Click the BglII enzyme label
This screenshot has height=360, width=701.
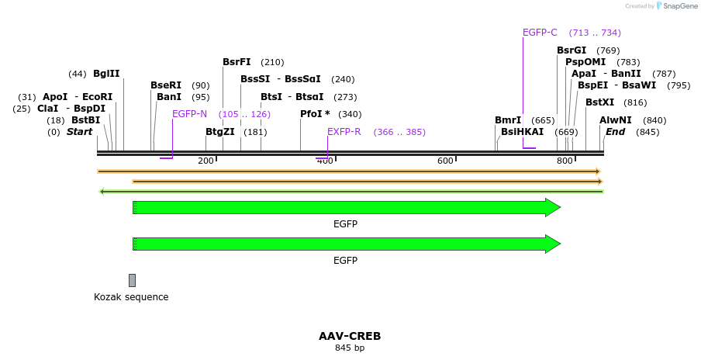(x=106, y=74)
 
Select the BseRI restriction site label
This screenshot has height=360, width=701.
(x=165, y=85)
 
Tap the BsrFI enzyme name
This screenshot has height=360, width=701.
(x=237, y=62)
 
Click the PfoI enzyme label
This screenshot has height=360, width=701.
(x=315, y=114)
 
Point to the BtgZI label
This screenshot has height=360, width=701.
(x=219, y=132)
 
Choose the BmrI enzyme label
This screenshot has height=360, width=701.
(x=508, y=120)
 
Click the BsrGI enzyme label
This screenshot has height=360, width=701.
(x=572, y=50)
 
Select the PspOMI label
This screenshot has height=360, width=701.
(x=585, y=62)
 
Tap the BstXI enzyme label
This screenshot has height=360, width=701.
(x=599, y=102)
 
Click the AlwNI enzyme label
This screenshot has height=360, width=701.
(x=615, y=120)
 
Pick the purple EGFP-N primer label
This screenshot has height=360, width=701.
(x=189, y=114)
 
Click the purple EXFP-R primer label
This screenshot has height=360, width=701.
(x=344, y=132)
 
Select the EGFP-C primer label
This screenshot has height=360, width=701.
(x=540, y=33)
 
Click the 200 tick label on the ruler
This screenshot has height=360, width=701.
(x=205, y=161)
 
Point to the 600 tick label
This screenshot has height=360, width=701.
(x=445, y=161)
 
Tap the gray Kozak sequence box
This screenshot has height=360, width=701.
(x=132, y=280)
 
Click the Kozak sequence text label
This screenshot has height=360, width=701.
(x=131, y=297)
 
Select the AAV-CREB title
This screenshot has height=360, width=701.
(x=350, y=336)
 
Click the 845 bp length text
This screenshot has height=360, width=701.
(x=350, y=348)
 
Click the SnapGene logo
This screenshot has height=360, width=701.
(x=673, y=6)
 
